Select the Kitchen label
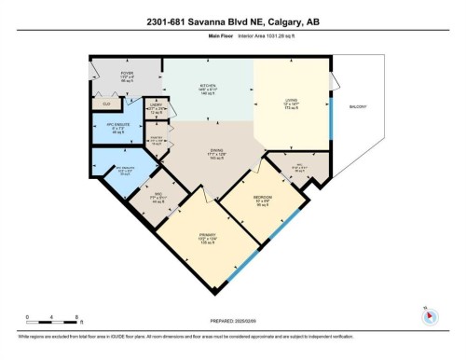tap(207, 87)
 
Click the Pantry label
tap(157, 142)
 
